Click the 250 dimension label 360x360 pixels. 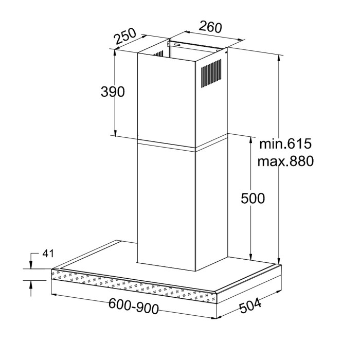click(125, 37)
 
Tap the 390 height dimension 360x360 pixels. click(113, 92)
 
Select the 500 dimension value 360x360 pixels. click(253, 198)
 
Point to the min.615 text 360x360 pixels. click(285, 143)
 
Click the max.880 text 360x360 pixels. click(285, 161)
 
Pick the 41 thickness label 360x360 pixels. click(48, 254)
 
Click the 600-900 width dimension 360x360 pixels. click(133, 306)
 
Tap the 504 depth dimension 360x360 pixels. click(250, 305)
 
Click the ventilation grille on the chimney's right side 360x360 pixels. click(211, 73)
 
